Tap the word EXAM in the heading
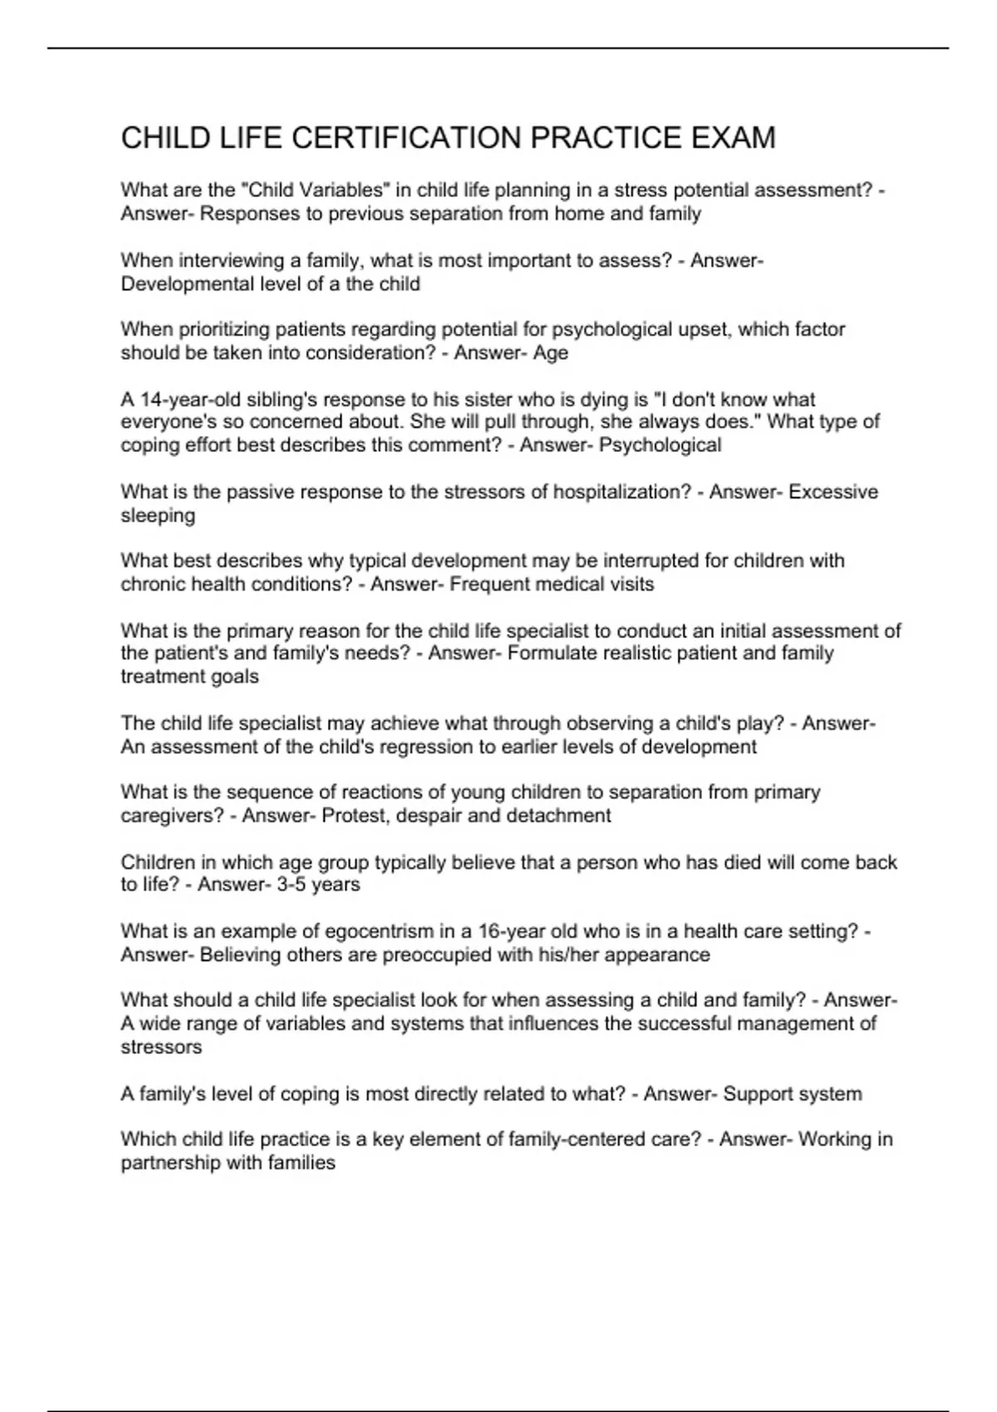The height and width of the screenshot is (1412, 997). [x=732, y=138]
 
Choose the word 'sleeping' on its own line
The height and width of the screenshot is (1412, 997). [x=158, y=516]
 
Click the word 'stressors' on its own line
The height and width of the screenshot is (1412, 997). [x=161, y=1047]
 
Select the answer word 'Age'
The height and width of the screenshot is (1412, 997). [x=551, y=353]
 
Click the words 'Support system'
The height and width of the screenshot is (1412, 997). [x=792, y=1094]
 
